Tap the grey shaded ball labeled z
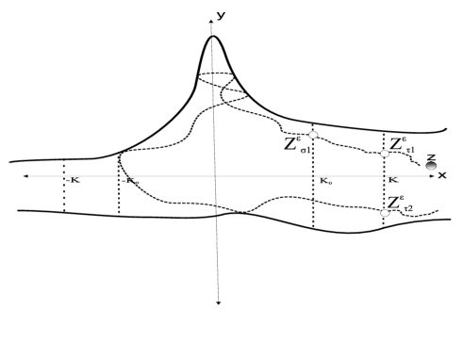point(431,167)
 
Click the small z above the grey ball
point(431,156)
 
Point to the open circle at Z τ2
point(384,214)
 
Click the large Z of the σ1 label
point(291,144)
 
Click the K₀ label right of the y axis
point(325,178)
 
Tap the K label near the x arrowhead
point(392,178)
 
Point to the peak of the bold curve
point(214,37)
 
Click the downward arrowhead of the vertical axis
point(219,303)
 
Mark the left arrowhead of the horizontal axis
point(25,176)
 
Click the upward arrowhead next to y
point(209,19)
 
